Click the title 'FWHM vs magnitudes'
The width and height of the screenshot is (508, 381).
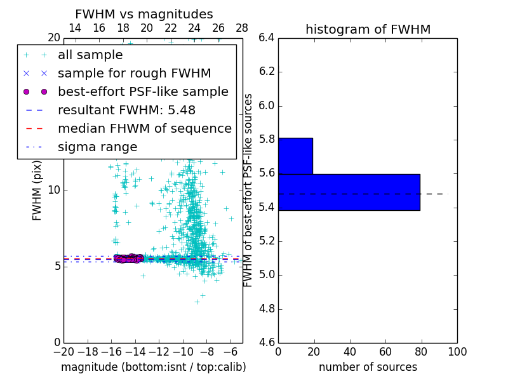click(144, 14)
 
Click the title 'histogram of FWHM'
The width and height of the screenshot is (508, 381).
click(368, 29)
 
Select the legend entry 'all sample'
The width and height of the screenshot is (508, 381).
click(90, 55)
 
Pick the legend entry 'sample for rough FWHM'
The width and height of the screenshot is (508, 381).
click(134, 74)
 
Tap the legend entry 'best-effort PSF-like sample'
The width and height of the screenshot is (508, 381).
click(143, 92)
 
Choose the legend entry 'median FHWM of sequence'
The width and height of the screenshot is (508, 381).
click(144, 129)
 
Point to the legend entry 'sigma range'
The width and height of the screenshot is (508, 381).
click(97, 147)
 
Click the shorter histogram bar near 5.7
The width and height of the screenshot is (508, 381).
click(295, 156)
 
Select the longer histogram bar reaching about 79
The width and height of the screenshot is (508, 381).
click(349, 192)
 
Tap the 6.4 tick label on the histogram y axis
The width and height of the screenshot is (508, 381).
click(266, 38)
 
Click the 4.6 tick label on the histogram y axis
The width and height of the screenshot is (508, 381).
click(266, 343)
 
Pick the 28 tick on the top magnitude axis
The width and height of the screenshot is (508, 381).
click(242, 28)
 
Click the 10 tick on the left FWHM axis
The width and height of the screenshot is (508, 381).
click(53, 190)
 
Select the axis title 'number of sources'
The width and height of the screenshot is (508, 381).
click(368, 367)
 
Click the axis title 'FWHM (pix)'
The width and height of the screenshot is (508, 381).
click(37, 190)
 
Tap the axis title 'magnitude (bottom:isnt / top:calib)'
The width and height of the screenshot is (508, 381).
click(153, 367)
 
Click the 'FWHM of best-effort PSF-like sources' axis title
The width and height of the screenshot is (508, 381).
click(249, 190)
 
